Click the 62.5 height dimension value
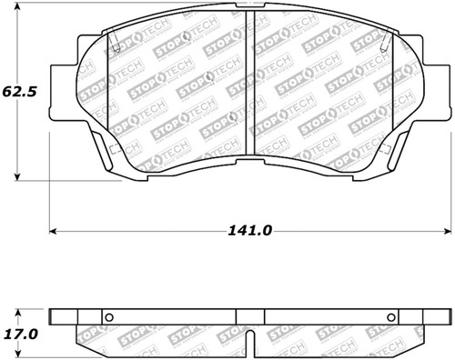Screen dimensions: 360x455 [x=19, y=93]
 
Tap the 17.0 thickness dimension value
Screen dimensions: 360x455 [x=19, y=333]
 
